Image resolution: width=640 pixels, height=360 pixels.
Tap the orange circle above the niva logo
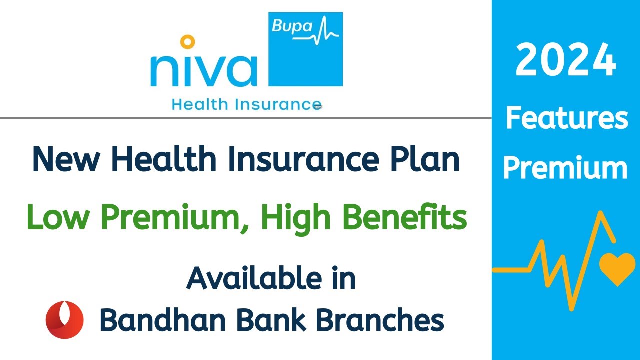(x=187, y=41)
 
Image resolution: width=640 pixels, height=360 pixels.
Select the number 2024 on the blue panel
(x=565, y=60)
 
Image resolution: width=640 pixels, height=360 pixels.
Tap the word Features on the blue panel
(x=566, y=119)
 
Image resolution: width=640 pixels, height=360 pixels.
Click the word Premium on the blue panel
(x=565, y=168)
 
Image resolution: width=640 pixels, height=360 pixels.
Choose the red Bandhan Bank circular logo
(x=65, y=320)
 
